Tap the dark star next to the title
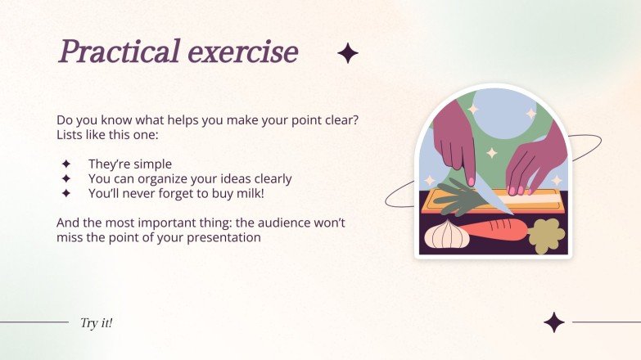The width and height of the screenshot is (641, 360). [x=348, y=54]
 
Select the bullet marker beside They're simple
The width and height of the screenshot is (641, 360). [x=66, y=164]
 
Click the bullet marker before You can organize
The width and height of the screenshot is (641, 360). [x=66, y=178]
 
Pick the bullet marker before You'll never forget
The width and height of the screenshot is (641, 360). [x=66, y=194]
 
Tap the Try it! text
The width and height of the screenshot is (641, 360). [x=96, y=322]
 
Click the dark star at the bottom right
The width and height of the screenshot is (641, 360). [x=554, y=322]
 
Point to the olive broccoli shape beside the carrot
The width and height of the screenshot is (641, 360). [x=546, y=235]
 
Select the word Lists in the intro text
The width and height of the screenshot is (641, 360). [x=70, y=134]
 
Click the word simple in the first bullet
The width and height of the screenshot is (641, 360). [x=153, y=164]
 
